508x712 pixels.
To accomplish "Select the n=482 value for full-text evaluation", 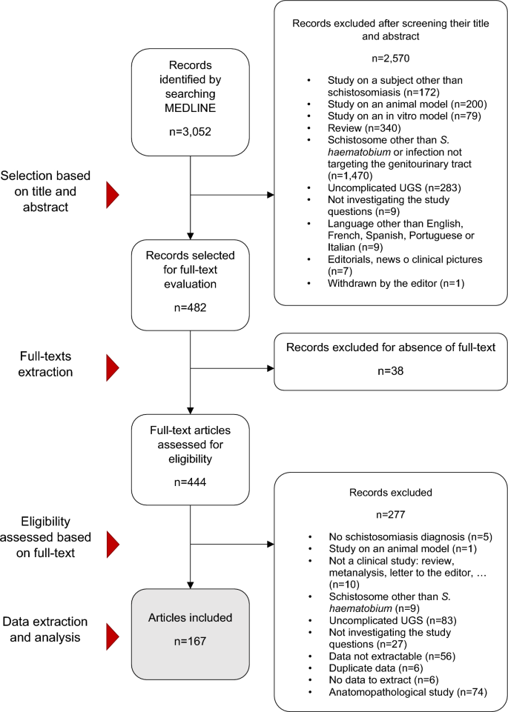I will (x=191, y=302).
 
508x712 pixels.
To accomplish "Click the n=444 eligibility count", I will (x=191, y=481).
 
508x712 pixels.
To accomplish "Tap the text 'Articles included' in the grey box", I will (x=191, y=616).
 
